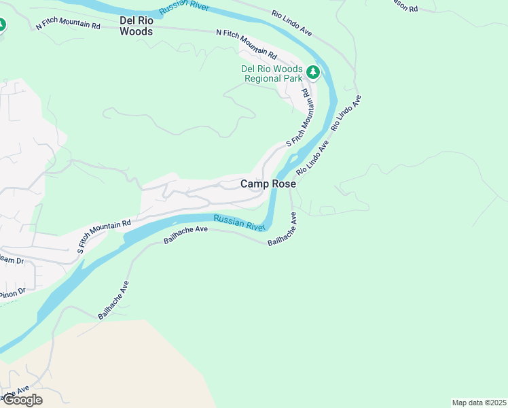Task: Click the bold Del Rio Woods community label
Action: [136, 25]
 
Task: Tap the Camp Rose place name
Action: [268, 184]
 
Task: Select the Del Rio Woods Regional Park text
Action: [272, 73]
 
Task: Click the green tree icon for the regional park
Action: [312, 71]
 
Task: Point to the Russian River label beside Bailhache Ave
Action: [238, 222]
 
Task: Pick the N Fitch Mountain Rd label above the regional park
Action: [247, 42]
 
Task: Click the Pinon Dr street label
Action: [12, 293]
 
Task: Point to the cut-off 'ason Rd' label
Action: [404, 7]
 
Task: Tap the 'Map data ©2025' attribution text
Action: [479, 403]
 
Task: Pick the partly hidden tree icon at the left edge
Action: [2, 26]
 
